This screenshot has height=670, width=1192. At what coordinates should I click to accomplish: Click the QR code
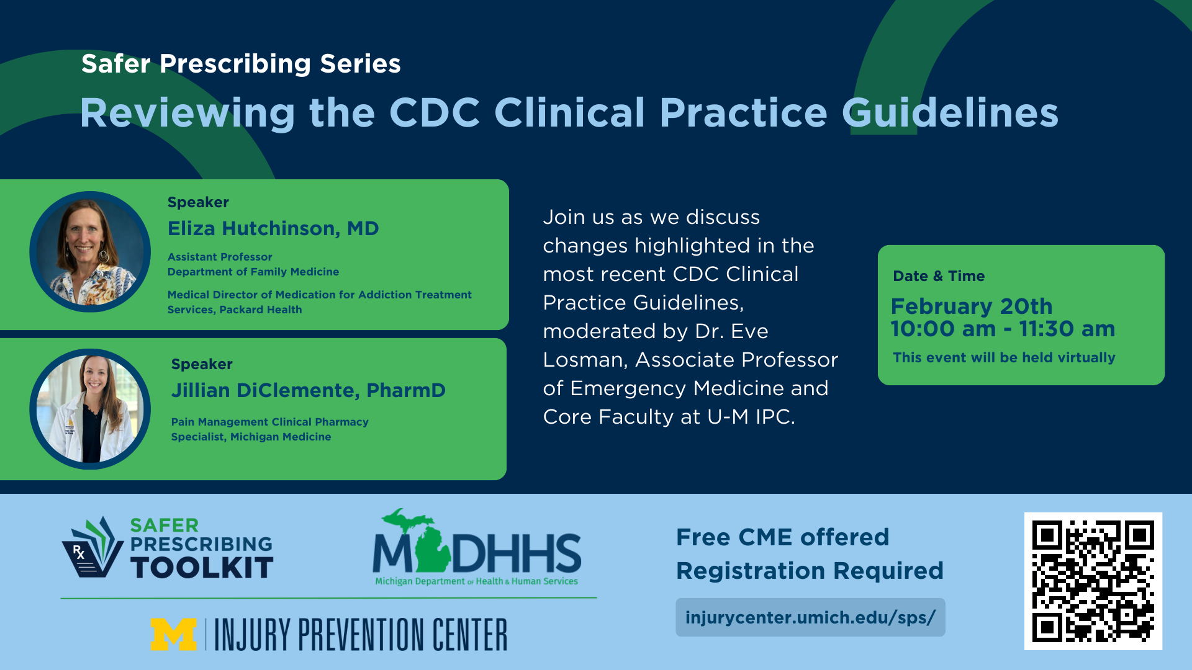1093,581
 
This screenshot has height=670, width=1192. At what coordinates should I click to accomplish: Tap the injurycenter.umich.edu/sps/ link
810,617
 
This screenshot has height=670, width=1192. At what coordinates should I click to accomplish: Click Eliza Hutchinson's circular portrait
90,251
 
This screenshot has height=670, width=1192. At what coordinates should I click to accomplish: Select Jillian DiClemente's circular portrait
90,409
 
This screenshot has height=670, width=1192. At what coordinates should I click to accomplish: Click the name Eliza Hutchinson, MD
273,229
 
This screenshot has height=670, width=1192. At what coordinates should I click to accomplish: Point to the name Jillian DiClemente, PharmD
309,390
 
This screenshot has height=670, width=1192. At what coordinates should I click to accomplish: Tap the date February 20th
972,306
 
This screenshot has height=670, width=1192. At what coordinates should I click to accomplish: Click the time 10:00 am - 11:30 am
1003,329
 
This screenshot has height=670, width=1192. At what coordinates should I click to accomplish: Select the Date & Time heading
939,276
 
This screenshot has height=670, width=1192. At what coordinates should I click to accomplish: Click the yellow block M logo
174,634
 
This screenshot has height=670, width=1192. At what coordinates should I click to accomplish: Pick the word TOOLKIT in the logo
202,568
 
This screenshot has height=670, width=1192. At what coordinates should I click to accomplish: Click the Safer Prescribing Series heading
241,64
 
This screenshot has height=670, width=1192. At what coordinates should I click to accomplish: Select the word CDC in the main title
435,112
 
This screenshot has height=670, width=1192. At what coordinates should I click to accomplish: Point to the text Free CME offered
782,537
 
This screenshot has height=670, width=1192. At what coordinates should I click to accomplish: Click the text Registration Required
810,571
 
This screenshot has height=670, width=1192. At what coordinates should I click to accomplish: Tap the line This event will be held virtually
1004,358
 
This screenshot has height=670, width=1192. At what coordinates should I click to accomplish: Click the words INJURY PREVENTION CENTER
361,634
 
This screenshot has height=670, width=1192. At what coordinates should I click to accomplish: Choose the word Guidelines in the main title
950,112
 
